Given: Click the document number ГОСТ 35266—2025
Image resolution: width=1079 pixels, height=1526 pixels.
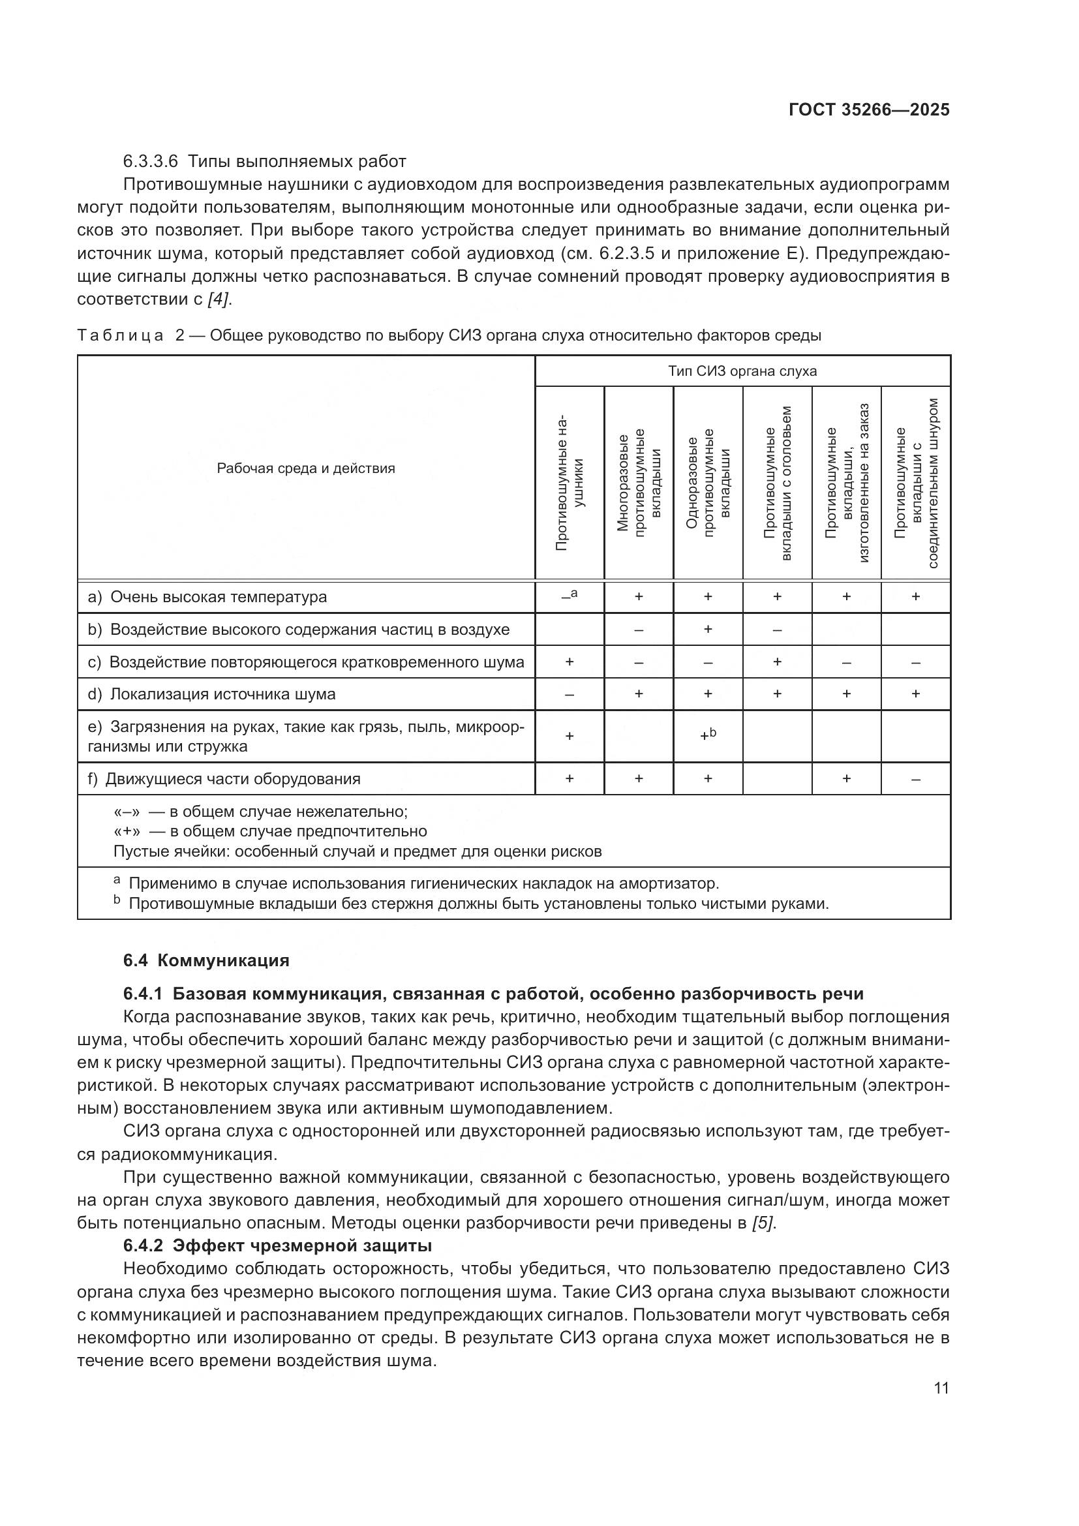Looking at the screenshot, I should click(868, 110).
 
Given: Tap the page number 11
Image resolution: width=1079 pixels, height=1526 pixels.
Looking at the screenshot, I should click(941, 1388).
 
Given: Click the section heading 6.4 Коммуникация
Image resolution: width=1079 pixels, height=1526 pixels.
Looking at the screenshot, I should click(206, 960).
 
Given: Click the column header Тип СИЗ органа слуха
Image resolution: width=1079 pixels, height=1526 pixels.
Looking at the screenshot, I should click(742, 371).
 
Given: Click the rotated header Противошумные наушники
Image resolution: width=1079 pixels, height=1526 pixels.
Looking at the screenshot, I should click(570, 484).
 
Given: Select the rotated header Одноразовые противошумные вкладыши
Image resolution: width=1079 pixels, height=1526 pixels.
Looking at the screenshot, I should click(708, 484).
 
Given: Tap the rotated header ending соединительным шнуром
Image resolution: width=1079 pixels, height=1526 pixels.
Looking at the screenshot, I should click(915, 484).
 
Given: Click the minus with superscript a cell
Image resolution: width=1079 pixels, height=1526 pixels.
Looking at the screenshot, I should click(570, 596).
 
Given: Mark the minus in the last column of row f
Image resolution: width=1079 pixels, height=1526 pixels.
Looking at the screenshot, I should click(915, 779).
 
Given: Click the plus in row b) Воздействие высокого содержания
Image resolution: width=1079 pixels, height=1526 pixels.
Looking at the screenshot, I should click(708, 629).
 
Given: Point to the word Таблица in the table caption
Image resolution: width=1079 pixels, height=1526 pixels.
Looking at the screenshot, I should click(120, 335).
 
